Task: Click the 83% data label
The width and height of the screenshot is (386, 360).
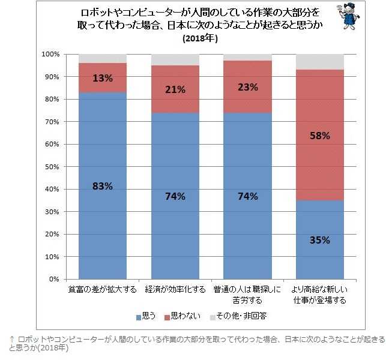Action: pyautogui.click(x=102, y=186)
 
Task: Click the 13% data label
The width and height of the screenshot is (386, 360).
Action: pyautogui.click(x=102, y=77)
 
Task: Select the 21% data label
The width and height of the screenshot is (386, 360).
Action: pyautogui.click(x=175, y=89)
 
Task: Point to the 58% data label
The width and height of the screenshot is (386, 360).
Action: pyautogui.click(x=319, y=136)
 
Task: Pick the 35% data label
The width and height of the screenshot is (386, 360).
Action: pyautogui.click(x=319, y=240)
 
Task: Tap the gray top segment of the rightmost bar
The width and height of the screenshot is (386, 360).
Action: pyautogui.click(x=319, y=62)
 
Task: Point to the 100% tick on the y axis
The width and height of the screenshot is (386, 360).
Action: pyautogui.click(x=50, y=55)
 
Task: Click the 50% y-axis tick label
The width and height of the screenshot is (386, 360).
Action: pyautogui.click(x=52, y=167)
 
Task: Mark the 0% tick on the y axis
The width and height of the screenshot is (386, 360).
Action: pyautogui.click(x=54, y=279)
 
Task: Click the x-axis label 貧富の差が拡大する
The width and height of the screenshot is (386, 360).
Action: pyautogui.click(x=102, y=290)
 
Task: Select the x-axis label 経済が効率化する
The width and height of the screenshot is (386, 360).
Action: pyautogui.click(x=175, y=290)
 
